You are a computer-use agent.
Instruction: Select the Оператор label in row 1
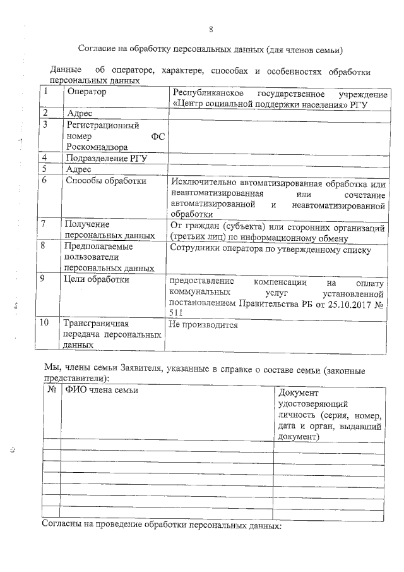pyautogui.click(x=86, y=92)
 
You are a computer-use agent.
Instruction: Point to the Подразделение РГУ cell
pyautogui.click(x=106, y=158)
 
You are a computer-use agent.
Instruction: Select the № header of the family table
pyautogui.click(x=51, y=389)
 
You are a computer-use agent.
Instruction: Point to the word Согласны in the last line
pyautogui.click(x=61, y=525)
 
